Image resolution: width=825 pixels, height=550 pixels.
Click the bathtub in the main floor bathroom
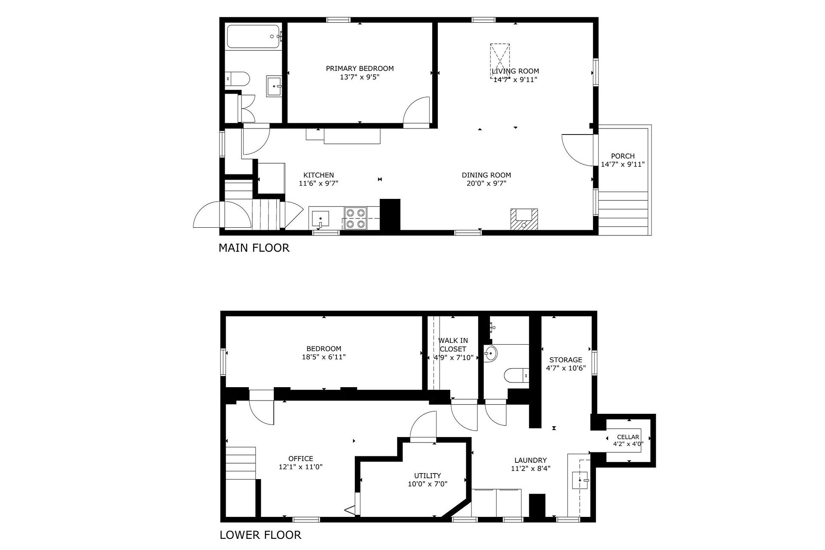pyautogui.click(x=253, y=37)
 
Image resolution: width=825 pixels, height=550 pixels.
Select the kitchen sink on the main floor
pyautogui.click(x=320, y=219)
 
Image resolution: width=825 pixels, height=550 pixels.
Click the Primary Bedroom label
pyautogui.click(x=360, y=68)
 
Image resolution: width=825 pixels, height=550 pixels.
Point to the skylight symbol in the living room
pyautogui.click(x=500, y=61)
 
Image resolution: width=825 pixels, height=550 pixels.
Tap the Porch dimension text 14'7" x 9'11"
pyautogui.click(x=623, y=164)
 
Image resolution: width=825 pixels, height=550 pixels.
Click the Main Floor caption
pyautogui.click(x=254, y=248)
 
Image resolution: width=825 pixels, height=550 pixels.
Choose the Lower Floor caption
pyautogui.click(x=260, y=535)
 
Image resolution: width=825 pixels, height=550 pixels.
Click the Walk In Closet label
pyautogui.click(x=453, y=345)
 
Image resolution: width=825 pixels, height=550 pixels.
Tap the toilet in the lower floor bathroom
pyautogui.click(x=516, y=375)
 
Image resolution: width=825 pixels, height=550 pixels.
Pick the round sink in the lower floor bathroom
pyautogui.click(x=490, y=354)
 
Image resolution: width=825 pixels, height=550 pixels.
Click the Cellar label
pyautogui.click(x=628, y=437)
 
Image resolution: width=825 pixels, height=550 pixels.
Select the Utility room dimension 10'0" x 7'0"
pyautogui.click(x=428, y=484)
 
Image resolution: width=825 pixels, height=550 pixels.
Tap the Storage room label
pyautogui.click(x=565, y=360)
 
